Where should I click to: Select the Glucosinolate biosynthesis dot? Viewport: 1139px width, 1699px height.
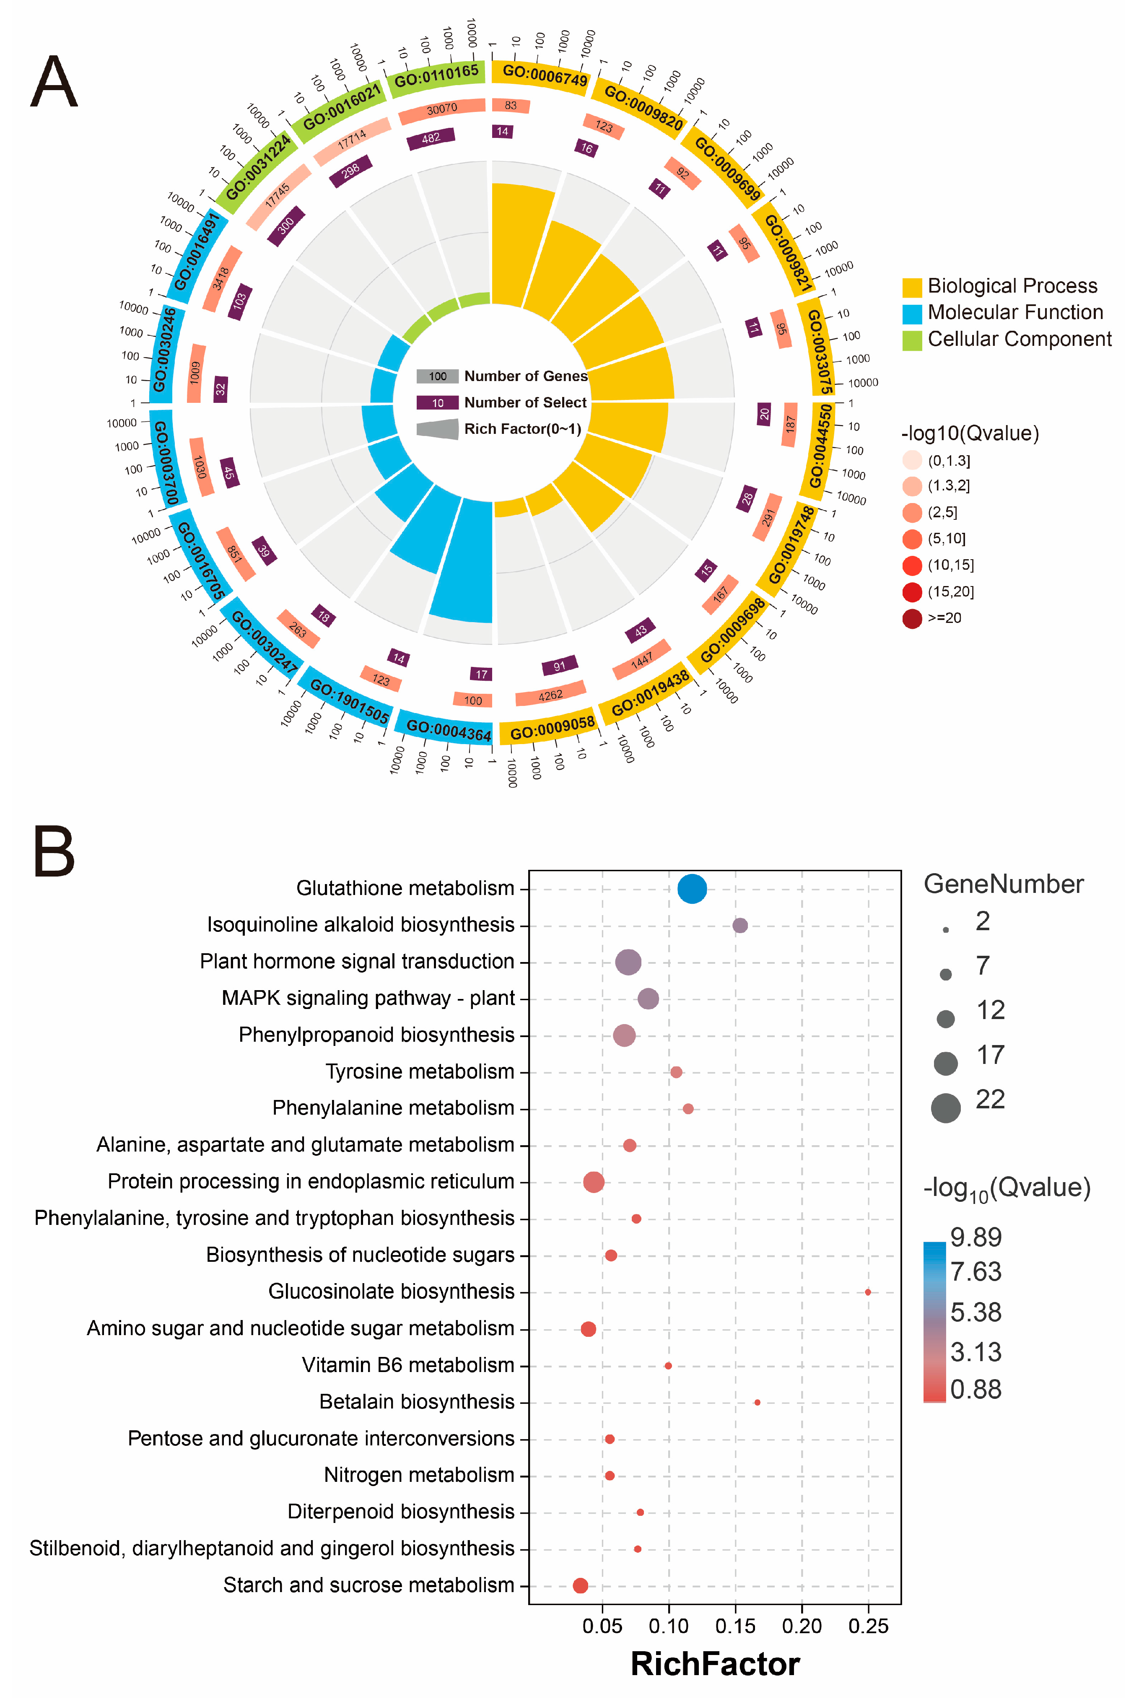(867, 1292)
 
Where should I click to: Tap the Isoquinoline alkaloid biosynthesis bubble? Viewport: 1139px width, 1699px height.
(739, 926)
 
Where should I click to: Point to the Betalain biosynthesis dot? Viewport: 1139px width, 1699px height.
(757, 1402)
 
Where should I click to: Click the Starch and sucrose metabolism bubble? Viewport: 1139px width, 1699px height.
(580, 1586)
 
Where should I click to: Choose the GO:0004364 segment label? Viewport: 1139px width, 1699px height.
(448, 730)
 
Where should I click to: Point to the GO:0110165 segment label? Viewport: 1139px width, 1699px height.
(436, 75)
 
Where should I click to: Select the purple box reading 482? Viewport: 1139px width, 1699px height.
(431, 138)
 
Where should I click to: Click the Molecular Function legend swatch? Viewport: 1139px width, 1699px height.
(912, 313)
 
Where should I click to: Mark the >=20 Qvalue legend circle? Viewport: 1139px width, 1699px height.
(912, 618)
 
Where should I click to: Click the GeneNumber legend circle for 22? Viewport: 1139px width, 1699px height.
(945, 1108)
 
